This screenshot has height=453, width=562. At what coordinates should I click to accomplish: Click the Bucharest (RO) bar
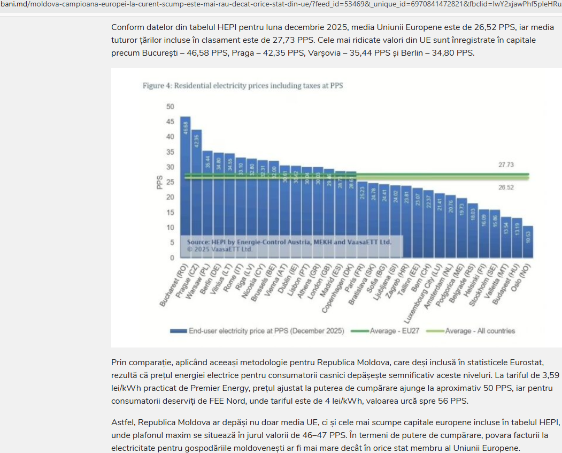[x=185, y=187]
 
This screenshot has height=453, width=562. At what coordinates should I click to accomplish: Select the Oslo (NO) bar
[x=528, y=242]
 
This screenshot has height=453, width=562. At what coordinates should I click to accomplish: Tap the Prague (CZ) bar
[x=196, y=193]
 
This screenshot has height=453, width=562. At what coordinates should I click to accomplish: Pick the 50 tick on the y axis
[x=170, y=107]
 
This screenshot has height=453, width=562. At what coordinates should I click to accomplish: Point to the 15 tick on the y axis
[x=170, y=213]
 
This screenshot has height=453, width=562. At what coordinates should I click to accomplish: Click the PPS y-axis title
[x=159, y=183]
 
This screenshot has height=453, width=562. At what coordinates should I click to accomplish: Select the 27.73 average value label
[x=506, y=165]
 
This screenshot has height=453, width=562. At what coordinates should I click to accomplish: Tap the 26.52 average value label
[x=506, y=187]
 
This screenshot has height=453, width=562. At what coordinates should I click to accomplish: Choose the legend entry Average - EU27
[x=395, y=331]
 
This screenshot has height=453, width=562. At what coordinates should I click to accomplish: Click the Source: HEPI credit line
[x=289, y=242]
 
